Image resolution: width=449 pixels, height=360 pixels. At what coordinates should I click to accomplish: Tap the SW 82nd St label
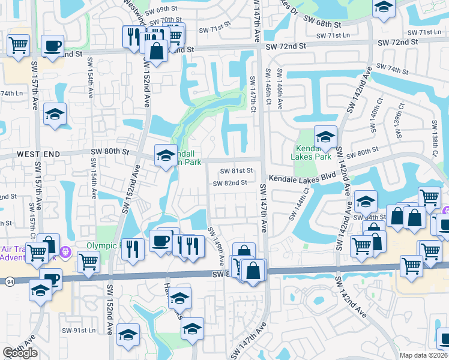point(231,182)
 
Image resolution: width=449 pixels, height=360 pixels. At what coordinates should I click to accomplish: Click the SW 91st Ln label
point(79,330)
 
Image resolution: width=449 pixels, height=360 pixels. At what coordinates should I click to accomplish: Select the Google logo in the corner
point(20,353)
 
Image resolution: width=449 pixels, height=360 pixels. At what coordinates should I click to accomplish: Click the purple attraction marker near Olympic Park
point(66,251)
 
